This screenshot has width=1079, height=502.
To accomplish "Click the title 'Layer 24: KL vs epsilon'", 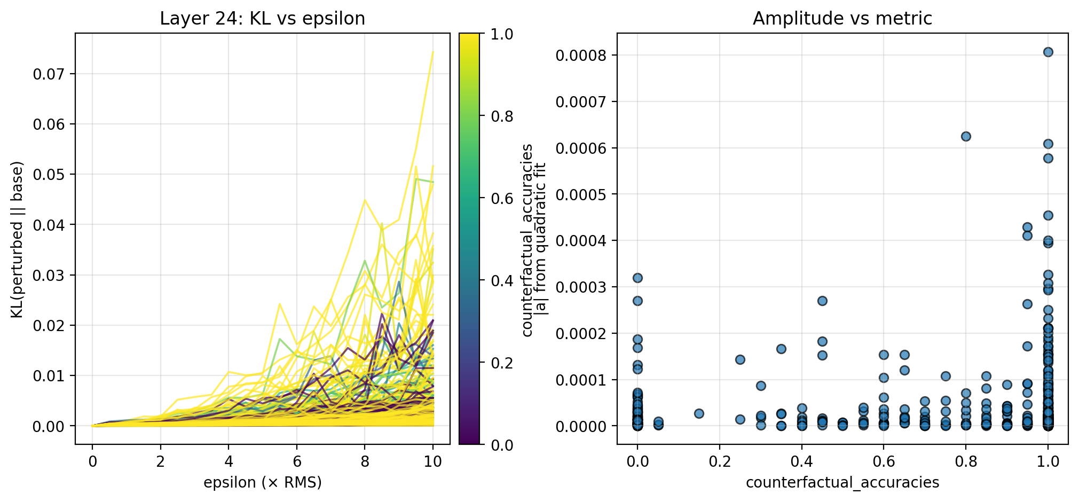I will click(262, 19).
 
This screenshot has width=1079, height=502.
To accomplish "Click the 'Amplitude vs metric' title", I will click(842, 19).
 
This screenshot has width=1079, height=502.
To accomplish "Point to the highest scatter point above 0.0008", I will click(1048, 52).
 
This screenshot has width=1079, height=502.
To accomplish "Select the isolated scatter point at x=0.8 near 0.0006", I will click(966, 136).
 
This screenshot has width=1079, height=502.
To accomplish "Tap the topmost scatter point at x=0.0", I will click(637, 278).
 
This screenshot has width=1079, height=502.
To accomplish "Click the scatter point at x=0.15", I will click(699, 413).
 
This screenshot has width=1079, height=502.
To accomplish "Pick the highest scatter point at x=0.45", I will click(822, 301).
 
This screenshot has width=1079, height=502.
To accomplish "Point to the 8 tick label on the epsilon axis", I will click(365, 461).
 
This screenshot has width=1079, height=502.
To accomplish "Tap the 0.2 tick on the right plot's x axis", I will click(720, 461).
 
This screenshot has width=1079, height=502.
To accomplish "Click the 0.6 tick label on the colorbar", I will click(502, 199).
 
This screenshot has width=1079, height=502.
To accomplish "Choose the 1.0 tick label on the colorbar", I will click(502, 34).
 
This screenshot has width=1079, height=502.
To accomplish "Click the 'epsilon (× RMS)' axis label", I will click(262, 483).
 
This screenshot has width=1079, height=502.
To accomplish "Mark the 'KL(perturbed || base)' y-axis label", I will click(17, 239).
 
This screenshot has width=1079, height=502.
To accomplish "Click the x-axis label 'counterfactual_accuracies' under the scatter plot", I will click(842, 483).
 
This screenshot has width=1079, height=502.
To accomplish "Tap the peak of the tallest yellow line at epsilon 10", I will click(433, 52).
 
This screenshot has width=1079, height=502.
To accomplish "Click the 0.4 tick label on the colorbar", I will click(502, 281).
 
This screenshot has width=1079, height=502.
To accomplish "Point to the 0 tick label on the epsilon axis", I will click(92, 461).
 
